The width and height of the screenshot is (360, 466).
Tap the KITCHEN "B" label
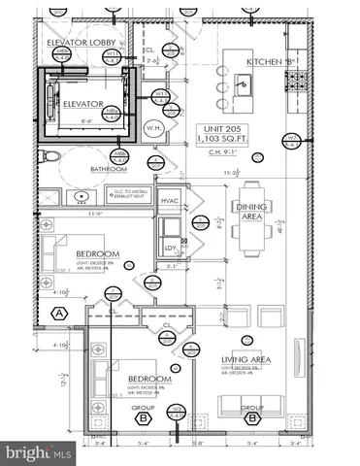coord(270,62)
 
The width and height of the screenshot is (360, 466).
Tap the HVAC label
coord(170,200)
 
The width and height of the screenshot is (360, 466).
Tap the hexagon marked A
coord(60,312)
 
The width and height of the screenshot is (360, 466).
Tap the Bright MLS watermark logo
coord(39,452)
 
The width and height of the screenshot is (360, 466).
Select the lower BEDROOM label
coord(147,380)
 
